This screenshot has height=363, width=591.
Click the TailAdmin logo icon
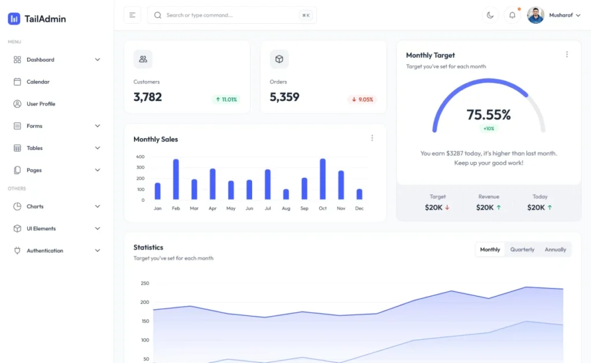pyautogui.click(x=14, y=18)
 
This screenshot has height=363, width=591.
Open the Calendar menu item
pyautogui.click(x=38, y=82)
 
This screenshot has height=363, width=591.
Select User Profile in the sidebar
pyautogui.click(x=40, y=104)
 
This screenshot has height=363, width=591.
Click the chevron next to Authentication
pyautogui.click(x=98, y=251)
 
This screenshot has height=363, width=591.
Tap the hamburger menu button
pyautogui.click(x=132, y=15)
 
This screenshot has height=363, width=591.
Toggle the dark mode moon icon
pyautogui.click(x=491, y=15)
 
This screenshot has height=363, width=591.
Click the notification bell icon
pyautogui.click(x=512, y=15)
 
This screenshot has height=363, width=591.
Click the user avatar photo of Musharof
pyautogui.click(x=536, y=15)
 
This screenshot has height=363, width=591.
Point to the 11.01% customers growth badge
pyautogui.click(x=226, y=99)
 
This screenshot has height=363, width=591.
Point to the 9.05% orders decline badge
pyautogui.click(x=362, y=99)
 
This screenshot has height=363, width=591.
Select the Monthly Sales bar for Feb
pyautogui.click(x=176, y=179)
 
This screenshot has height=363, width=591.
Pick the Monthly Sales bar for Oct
pyautogui.click(x=323, y=179)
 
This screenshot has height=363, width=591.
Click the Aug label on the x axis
pyautogui.click(x=286, y=208)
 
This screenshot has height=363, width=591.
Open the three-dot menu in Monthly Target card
pyautogui.click(x=567, y=54)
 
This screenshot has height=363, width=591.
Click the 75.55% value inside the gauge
pyautogui.click(x=489, y=114)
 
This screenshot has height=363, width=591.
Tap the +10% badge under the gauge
pyautogui.click(x=489, y=128)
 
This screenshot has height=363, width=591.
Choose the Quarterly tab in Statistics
pyautogui.click(x=522, y=250)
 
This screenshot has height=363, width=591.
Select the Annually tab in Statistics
pyautogui.click(x=555, y=250)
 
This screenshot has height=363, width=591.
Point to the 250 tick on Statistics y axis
pyautogui.click(x=145, y=283)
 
